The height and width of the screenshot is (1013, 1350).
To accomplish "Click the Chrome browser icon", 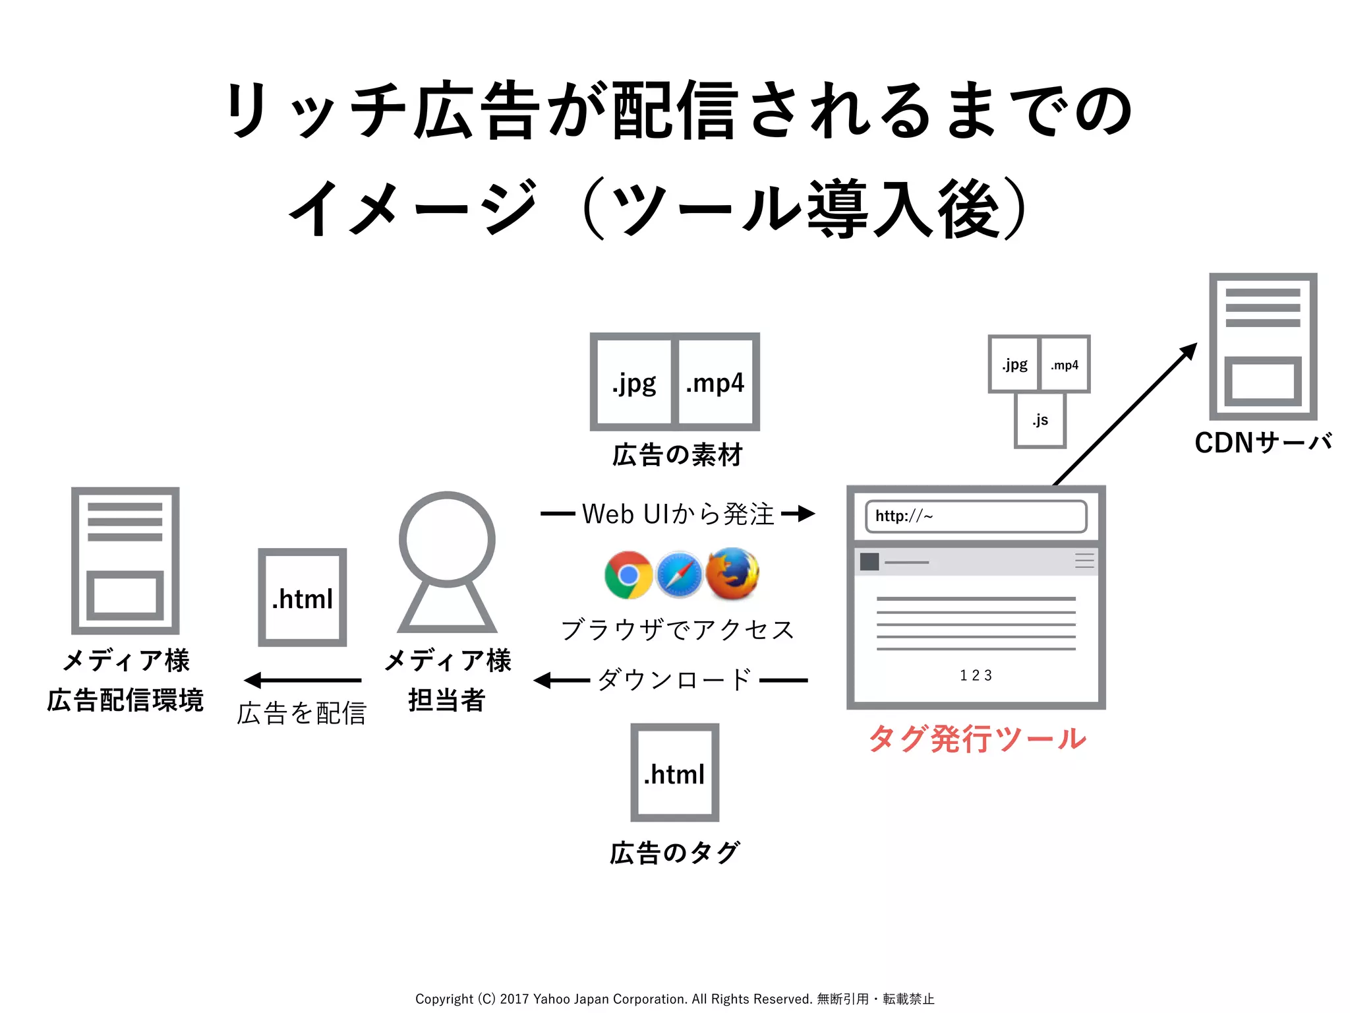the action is point(628,574).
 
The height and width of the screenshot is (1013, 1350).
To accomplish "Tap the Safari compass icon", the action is point(679,574).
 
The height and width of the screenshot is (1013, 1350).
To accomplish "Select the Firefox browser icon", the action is point(732,573).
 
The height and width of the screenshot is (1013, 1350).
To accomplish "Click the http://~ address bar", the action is point(976,516).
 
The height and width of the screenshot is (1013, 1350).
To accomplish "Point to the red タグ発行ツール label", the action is point(977,738).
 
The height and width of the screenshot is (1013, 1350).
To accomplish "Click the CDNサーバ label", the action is point(1263,443).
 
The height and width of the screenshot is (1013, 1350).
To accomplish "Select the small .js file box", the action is point(1040,420).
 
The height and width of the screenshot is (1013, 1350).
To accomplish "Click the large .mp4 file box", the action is point(716,383).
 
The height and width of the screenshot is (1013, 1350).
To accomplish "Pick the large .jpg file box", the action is point(633,383).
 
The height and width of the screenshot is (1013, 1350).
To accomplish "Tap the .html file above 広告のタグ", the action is point(674,773).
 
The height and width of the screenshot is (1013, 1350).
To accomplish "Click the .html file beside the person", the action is point(303,598).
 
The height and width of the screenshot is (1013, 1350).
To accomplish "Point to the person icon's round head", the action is point(447,539).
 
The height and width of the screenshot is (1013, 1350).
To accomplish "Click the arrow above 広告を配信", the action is point(303,680).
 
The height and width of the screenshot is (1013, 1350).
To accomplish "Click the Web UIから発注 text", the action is point(678,514).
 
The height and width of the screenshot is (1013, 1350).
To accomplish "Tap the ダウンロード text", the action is point(674,680).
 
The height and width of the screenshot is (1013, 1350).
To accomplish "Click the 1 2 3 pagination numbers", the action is point(976,675).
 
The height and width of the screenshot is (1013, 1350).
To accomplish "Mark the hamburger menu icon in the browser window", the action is point(1084,561).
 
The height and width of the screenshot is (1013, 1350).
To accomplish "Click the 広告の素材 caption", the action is point(677,455).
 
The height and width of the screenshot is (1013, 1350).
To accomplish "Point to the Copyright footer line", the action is point(674,998).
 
